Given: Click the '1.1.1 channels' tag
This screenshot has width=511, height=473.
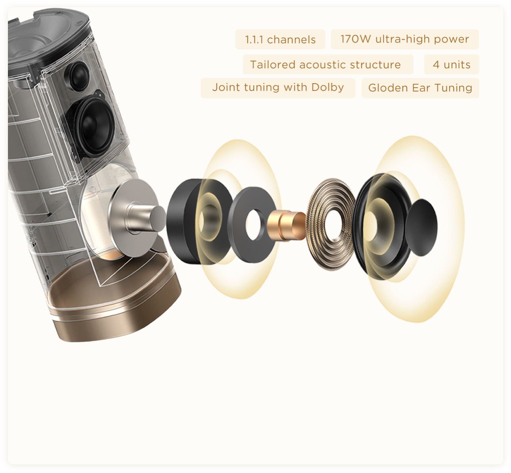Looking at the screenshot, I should click(280, 40).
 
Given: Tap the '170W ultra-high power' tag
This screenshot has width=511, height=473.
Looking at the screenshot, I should click(404, 39).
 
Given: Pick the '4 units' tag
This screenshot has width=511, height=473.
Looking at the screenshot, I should click(451, 65).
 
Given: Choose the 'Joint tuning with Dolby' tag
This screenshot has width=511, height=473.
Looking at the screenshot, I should click(278, 88).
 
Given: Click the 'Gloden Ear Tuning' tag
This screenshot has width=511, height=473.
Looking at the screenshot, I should click(420, 88).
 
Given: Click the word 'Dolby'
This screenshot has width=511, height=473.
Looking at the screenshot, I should click(328, 87).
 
